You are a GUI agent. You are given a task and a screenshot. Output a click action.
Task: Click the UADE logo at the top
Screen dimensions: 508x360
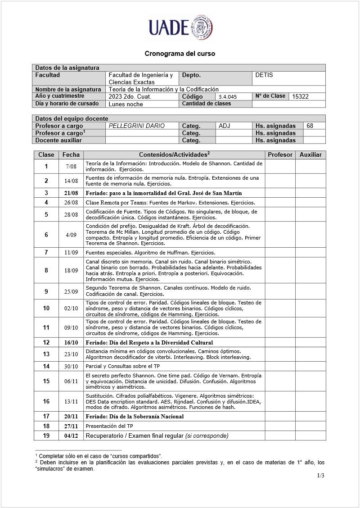180,27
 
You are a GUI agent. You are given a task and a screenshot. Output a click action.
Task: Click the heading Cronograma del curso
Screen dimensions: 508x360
180,54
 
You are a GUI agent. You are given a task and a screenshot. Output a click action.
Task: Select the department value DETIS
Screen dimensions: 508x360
264,75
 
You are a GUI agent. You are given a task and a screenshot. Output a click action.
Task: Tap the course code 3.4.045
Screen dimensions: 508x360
228,97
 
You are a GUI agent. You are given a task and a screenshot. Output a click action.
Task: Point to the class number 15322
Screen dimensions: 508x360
300,96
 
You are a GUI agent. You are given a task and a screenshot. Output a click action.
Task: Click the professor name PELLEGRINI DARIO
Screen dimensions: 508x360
137,126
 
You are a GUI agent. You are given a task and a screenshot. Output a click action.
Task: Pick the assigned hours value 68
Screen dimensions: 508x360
310,126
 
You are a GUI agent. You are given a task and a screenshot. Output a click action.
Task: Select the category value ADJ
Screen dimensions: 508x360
225,126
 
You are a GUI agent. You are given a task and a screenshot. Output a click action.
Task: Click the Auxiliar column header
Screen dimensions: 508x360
310,154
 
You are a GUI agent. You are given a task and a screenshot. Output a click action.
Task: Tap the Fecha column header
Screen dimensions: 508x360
71,154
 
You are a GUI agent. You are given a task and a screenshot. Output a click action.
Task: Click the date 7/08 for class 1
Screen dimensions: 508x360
71,167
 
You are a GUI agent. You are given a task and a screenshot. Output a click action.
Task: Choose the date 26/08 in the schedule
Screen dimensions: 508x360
71,203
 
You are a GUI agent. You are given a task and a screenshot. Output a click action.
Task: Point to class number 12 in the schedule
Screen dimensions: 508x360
46,343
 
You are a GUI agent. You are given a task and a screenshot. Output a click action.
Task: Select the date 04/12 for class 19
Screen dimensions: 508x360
71,435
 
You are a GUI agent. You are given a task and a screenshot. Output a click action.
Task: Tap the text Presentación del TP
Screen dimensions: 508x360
109,426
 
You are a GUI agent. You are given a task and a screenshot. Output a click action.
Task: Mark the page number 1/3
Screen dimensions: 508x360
320,476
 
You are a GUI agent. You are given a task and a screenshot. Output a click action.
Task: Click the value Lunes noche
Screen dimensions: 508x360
126,104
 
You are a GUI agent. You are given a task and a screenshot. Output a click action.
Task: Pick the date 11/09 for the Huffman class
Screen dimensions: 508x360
71,253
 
